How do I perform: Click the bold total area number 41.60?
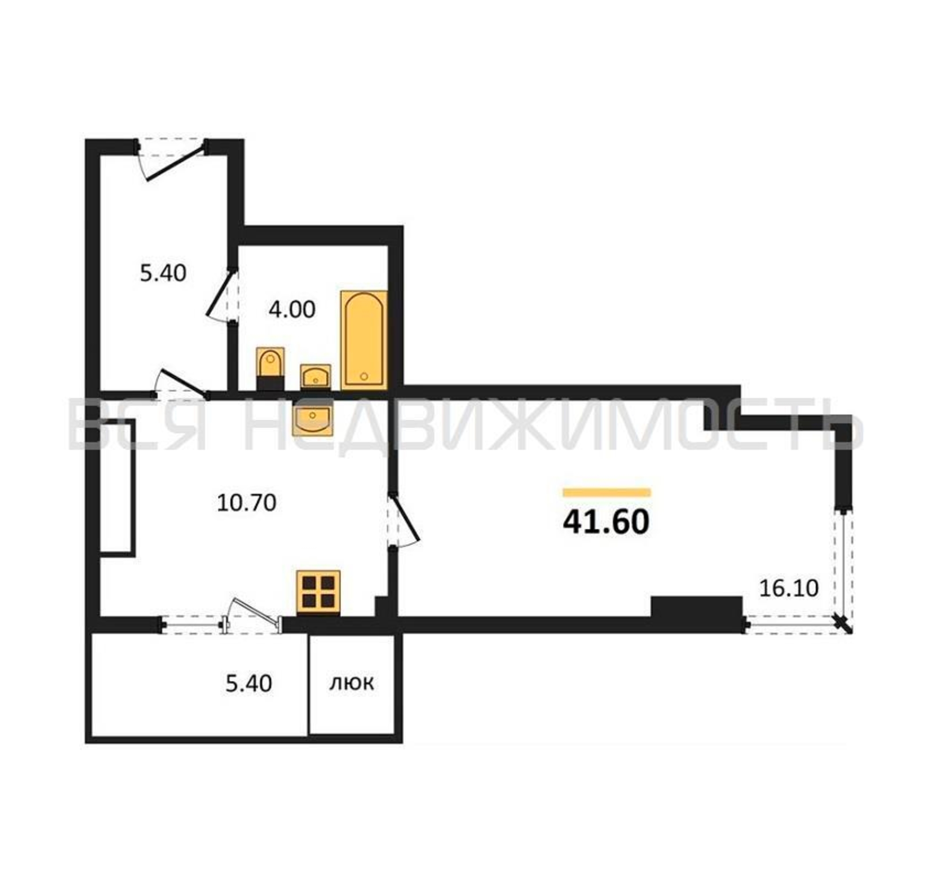click(x=606, y=522)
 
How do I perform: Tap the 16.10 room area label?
click(x=789, y=588)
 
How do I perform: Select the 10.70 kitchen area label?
click(x=246, y=503)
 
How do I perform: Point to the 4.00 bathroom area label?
click(x=292, y=310)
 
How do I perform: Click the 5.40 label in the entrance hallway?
click(x=163, y=273)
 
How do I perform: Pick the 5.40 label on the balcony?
click(x=248, y=684)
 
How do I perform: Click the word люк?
click(x=351, y=683)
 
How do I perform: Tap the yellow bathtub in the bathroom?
click(x=364, y=340)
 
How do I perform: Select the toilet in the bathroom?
click(x=270, y=369)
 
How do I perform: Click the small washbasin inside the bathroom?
click(x=315, y=376)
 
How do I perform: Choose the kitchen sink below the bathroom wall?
click(x=313, y=418)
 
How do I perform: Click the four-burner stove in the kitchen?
click(x=318, y=593)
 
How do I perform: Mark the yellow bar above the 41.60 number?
click(x=607, y=493)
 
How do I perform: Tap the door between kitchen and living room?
click(x=404, y=521)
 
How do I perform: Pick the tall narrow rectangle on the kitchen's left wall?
click(x=118, y=488)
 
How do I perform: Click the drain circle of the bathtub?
click(x=363, y=376)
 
